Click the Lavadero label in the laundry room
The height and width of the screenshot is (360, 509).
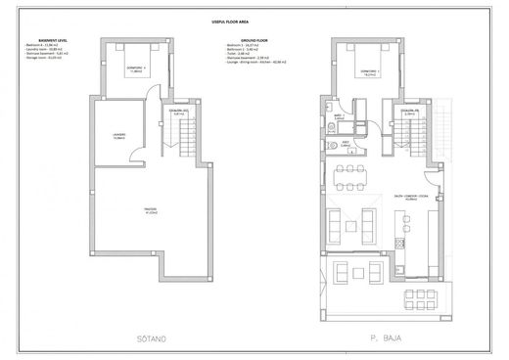click(x=119, y=135)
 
